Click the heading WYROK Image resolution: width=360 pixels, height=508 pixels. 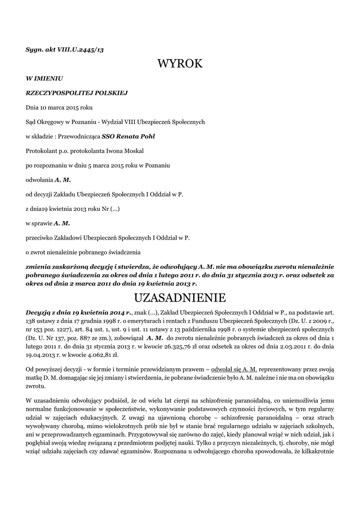[180, 63]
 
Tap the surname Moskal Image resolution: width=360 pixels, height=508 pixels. [134, 150]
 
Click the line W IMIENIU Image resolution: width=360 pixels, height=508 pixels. [44, 78]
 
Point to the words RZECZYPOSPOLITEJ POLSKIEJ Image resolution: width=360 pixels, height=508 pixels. [77, 93]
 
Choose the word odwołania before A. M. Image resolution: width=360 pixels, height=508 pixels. [39, 179]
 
